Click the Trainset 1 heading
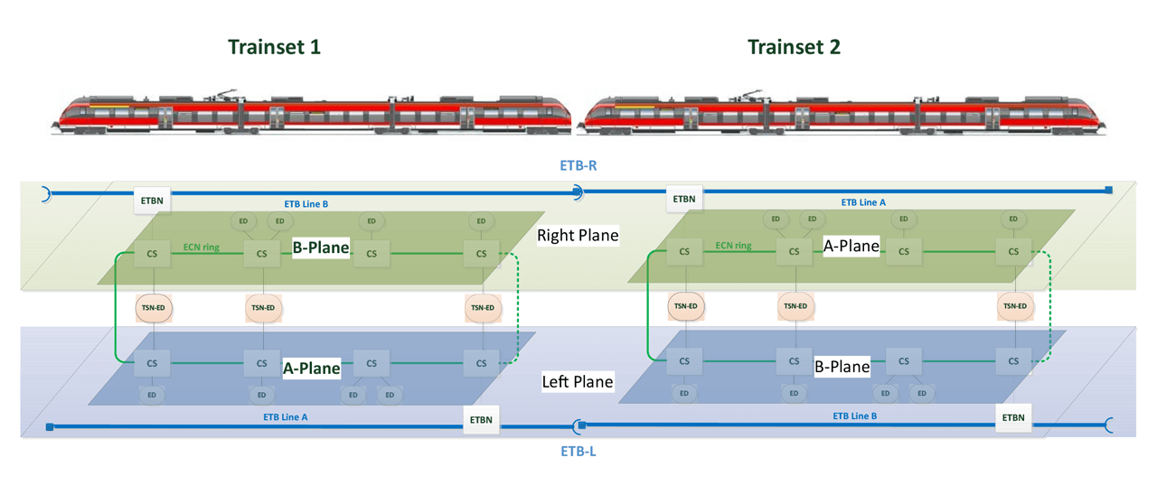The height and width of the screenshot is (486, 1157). (x=274, y=47)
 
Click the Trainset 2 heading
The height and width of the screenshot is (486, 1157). (x=794, y=47)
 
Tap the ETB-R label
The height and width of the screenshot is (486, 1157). (x=578, y=166)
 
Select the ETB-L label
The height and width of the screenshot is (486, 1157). (x=578, y=451)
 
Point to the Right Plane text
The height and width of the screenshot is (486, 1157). (x=578, y=236)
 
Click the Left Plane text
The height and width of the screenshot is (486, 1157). (x=577, y=382)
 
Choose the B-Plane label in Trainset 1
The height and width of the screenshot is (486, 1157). (x=320, y=248)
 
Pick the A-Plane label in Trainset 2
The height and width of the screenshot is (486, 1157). (x=851, y=246)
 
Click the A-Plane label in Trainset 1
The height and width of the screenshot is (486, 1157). (x=312, y=368)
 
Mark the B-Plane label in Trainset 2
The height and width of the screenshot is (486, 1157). (x=842, y=367)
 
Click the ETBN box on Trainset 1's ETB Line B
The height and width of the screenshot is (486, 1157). (x=152, y=199)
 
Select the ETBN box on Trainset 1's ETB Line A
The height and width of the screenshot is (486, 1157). (x=481, y=419)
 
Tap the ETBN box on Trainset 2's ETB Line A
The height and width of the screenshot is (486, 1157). (x=684, y=199)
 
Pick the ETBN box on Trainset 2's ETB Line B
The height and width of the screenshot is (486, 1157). (x=1013, y=417)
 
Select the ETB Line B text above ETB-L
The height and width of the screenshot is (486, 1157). (x=854, y=416)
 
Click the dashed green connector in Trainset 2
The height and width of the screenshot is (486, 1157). (x=1049, y=307)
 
